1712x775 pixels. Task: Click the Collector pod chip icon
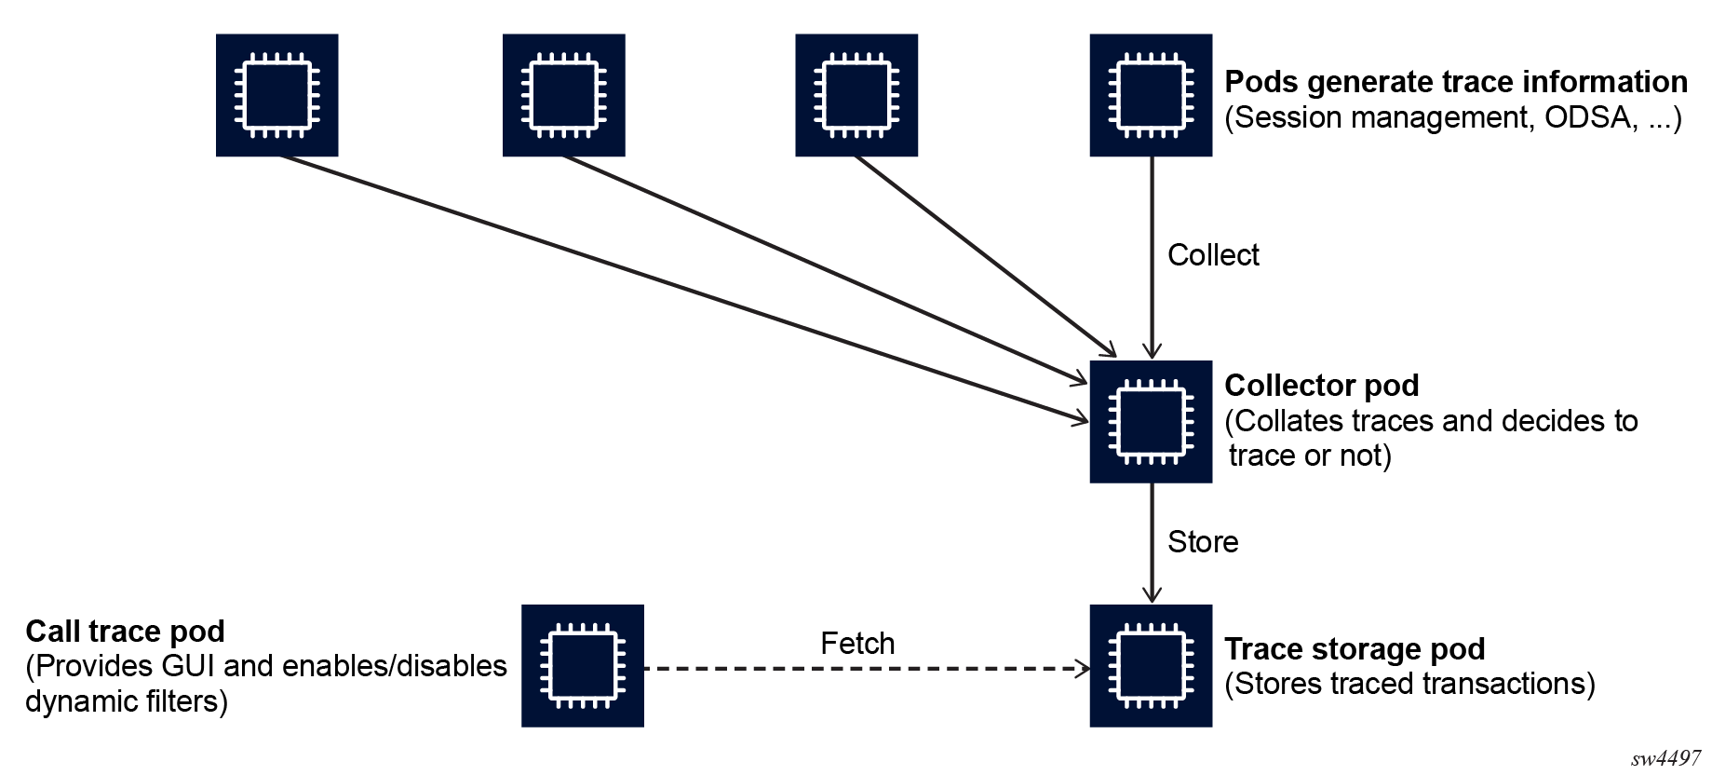[x=1151, y=421]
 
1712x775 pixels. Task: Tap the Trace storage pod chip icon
[x=1151, y=665]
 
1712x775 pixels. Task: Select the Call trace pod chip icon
[x=582, y=665]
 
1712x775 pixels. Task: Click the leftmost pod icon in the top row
[x=276, y=95]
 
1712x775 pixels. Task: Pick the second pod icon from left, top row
[x=563, y=95]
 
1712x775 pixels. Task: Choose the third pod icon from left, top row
[x=856, y=95]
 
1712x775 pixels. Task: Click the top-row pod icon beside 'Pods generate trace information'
[x=1151, y=95]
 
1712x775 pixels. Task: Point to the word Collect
[x=1212, y=255]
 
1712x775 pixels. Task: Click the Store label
[x=1202, y=542]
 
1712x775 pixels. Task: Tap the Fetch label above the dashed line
[x=856, y=644]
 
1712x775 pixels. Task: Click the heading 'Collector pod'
[x=1321, y=386]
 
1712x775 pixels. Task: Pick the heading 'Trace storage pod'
[x=1354, y=648]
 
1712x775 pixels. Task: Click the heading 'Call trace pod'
[x=125, y=632]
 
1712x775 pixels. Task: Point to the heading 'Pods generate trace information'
[x=1455, y=82]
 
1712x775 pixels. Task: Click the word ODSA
[x=1590, y=118]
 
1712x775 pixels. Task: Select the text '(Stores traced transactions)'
[x=1409, y=684]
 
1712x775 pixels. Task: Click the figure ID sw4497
[x=1665, y=758]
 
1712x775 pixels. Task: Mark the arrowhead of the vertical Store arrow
[x=1152, y=596]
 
